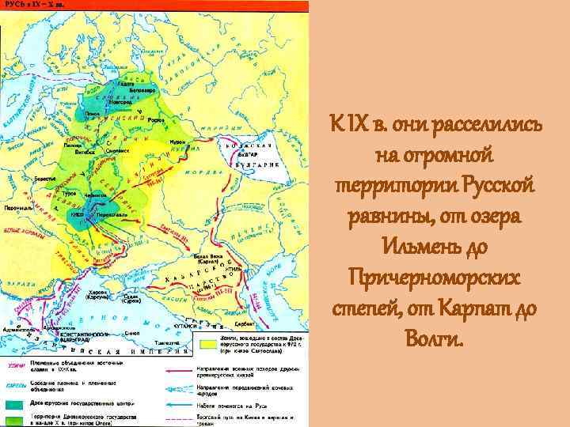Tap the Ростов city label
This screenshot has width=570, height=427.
pyautogui.click(x=157, y=120)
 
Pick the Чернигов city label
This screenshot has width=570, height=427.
pyautogui.click(x=96, y=192)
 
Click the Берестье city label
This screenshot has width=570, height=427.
pyautogui.click(x=45, y=179)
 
